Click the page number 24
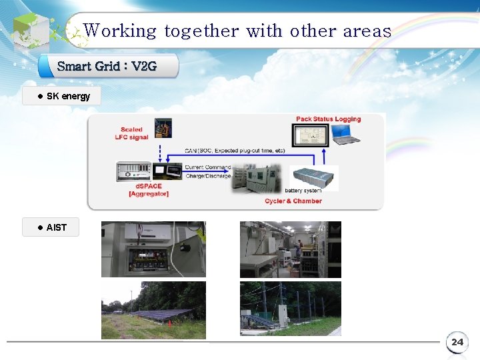pos(457,342)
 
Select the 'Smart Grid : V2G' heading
pos(107,66)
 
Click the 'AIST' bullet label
pos(56,227)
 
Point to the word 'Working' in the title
pos(121,31)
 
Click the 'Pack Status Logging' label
pos(328,119)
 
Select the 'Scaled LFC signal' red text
pos(131,133)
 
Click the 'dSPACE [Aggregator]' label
pos(148,190)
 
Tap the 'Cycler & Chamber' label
pos(293,201)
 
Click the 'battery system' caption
pos(303,191)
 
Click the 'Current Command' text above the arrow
pos(207,167)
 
